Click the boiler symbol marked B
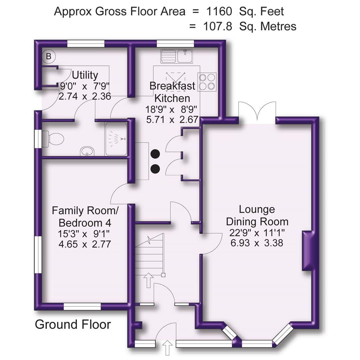(49, 56)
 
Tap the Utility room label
(85, 74)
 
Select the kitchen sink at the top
(177, 56)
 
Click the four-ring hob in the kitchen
(207, 82)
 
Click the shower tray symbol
(116, 139)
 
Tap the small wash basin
(87, 152)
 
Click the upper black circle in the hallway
(155, 154)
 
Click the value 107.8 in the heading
(217, 26)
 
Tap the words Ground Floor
(73, 324)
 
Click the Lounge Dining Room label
(257, 215)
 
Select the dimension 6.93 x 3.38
(257, 243)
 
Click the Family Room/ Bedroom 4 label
(85, 216)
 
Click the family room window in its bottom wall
(82, 307)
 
